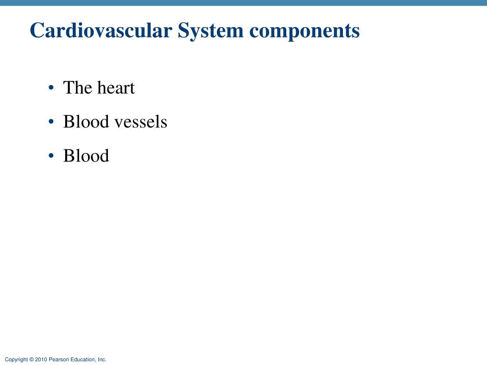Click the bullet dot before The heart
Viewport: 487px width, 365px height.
[x=50, y=88]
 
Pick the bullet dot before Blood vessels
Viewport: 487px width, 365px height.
[x=50, y=122]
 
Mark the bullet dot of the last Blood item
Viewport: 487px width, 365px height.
[x=50, y=156]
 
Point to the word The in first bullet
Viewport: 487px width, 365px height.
[x=78, y=88]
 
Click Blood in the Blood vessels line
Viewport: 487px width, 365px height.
[x=86, y=122]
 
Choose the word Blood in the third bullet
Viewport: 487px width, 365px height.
[x=86, y=156]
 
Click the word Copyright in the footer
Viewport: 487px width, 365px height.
[x=16, y=360]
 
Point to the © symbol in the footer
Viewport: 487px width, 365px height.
[x=31, y=360]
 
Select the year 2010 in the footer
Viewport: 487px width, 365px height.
[x=41, y=360]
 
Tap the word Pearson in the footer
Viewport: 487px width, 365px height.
[x=59, y=360]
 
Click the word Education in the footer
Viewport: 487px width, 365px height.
[x=83, y=360]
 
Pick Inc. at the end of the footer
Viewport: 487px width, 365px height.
[x=102, y=360]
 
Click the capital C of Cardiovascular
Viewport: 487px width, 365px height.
[x=37, y=31]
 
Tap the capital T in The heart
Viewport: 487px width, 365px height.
[x=68, y=88]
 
